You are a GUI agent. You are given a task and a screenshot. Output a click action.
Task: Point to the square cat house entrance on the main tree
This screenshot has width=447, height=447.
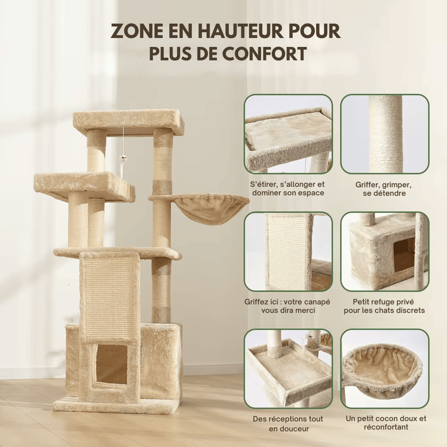(x=111, y=364)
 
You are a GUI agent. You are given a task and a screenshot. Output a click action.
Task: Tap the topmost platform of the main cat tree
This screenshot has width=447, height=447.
(x=128, y=121)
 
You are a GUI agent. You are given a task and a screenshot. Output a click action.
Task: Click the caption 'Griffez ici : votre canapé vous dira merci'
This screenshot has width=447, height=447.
(x=287, y=306)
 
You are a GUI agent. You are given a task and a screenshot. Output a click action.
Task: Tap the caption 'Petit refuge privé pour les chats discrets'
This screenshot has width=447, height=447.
(x=384, y=306)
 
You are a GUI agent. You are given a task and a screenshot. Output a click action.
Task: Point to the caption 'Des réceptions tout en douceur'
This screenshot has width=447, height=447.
(x=288, y=424)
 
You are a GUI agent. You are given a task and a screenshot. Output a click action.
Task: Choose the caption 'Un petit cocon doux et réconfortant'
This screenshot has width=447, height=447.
(x=385, y=423)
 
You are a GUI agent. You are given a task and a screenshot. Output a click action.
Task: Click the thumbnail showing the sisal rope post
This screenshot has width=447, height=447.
(x=385, y=134)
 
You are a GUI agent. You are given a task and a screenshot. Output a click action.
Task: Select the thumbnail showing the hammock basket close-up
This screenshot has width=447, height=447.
(x=385, y=369)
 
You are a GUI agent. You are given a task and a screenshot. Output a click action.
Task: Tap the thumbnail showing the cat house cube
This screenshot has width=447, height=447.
(x=385, y=251)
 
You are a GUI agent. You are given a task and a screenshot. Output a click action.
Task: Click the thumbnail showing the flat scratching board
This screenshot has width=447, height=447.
(x=288, y=251)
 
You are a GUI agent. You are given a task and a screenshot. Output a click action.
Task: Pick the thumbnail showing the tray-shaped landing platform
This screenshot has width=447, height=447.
(x=288, y=369)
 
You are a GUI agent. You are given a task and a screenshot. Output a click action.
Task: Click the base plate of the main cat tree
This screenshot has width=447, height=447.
(x=116, y=406)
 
